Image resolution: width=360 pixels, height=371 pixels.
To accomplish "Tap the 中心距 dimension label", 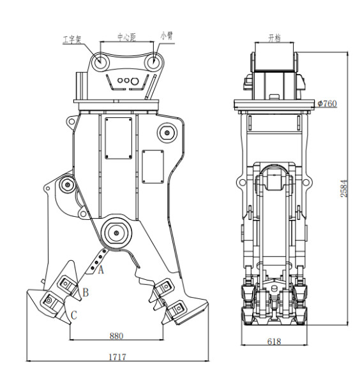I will coord(127,36).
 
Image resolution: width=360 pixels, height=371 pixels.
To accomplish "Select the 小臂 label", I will coord(168,36).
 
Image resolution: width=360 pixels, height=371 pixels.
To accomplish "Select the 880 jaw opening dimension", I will coord(116,335).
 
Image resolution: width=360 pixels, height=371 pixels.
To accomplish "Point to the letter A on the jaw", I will coord(100,270).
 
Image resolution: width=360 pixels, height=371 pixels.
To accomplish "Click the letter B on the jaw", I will coord(85,293).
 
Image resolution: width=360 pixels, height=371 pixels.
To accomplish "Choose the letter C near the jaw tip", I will coord(74,314).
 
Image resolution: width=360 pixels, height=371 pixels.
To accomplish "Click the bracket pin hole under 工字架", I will coord(100,62).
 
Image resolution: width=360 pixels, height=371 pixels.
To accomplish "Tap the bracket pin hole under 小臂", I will coord(153,62).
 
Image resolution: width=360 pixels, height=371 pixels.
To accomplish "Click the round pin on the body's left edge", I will coord(65,186).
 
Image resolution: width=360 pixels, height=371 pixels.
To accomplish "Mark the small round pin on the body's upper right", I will coord(167,133).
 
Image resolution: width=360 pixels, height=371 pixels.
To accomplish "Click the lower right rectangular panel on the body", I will coord(153,167).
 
